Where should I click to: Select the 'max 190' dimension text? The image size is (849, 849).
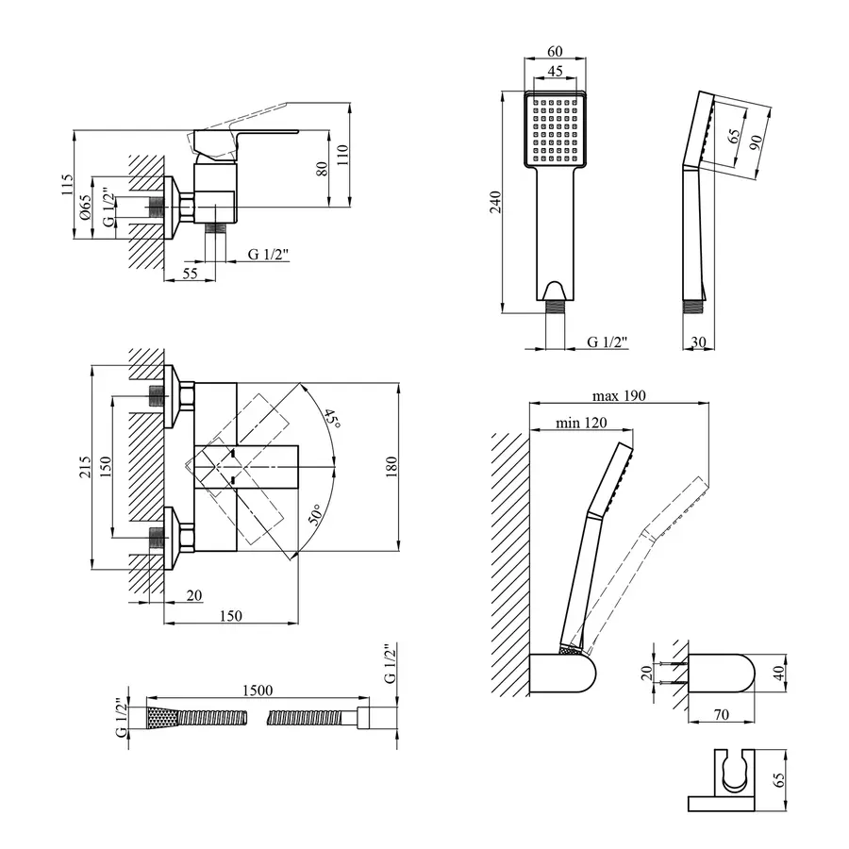[x=619, y=395]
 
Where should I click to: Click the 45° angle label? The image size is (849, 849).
[x=329, y=418]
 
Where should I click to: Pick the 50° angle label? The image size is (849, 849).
[x=316, y=515]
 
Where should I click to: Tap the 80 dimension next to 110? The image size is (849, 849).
[x=321, y=169]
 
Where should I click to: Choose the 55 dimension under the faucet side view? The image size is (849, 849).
[x=190, y=273]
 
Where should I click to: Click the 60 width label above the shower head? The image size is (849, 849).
[x=556, y=52]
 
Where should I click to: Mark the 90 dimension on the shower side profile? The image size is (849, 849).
[x=755, y=141]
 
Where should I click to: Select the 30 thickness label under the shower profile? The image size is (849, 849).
[x=697, y=341]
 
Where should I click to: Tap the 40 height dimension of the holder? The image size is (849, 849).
[x=778, y=673]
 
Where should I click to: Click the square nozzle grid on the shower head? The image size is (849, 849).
[x=556, y=129]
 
